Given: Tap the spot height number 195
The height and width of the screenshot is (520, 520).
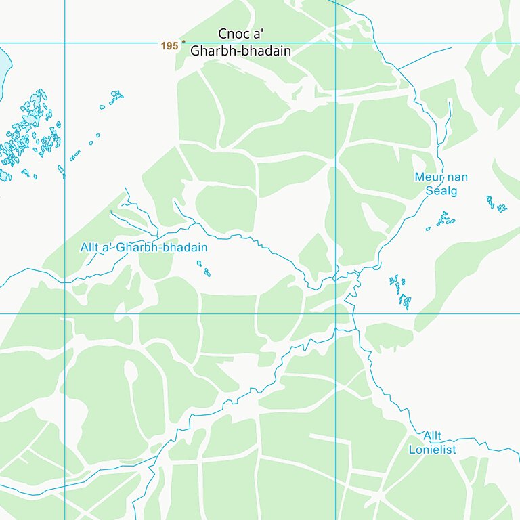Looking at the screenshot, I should (x=169, y=46).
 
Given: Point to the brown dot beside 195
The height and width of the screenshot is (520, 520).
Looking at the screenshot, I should (x=183, y=41).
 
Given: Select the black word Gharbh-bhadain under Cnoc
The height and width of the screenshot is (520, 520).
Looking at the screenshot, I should (x=240, y=51).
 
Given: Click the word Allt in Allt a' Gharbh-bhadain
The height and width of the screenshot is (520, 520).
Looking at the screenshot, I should (x=89, y=247).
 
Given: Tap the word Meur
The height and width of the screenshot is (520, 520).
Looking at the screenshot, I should (x=428, y=177).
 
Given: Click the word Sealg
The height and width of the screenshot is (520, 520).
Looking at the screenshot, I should (x=441, y=191).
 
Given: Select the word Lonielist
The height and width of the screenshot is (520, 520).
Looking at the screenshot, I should (x=432, y=450).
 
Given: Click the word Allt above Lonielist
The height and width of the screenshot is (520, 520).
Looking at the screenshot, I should (x=432, y=436).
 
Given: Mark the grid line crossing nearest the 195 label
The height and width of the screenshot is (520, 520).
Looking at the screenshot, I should (x=65, y=43).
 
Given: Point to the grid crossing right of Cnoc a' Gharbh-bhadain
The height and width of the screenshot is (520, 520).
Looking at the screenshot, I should (x=336, y=43).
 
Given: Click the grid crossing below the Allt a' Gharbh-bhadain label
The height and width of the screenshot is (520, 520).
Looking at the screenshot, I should (x=65, y=313).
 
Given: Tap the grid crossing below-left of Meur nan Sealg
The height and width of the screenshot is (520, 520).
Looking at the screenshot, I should (x=336, y=313).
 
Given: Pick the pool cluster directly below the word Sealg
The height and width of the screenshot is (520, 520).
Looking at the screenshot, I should (x=443, y=219).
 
